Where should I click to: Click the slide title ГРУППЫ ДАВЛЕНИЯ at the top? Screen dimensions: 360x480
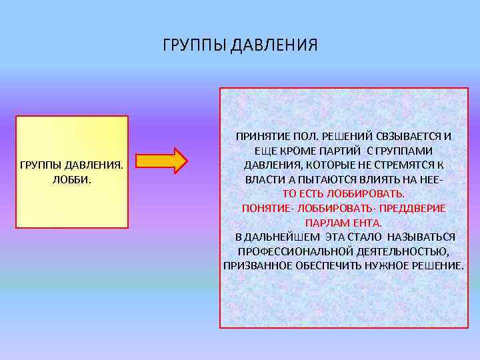coord(240,45)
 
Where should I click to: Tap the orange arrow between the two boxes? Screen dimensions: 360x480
coord(163,161)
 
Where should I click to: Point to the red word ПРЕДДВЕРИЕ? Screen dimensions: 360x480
coord(413,208)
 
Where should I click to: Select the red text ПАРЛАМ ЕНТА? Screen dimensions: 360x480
coord(343,223)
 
